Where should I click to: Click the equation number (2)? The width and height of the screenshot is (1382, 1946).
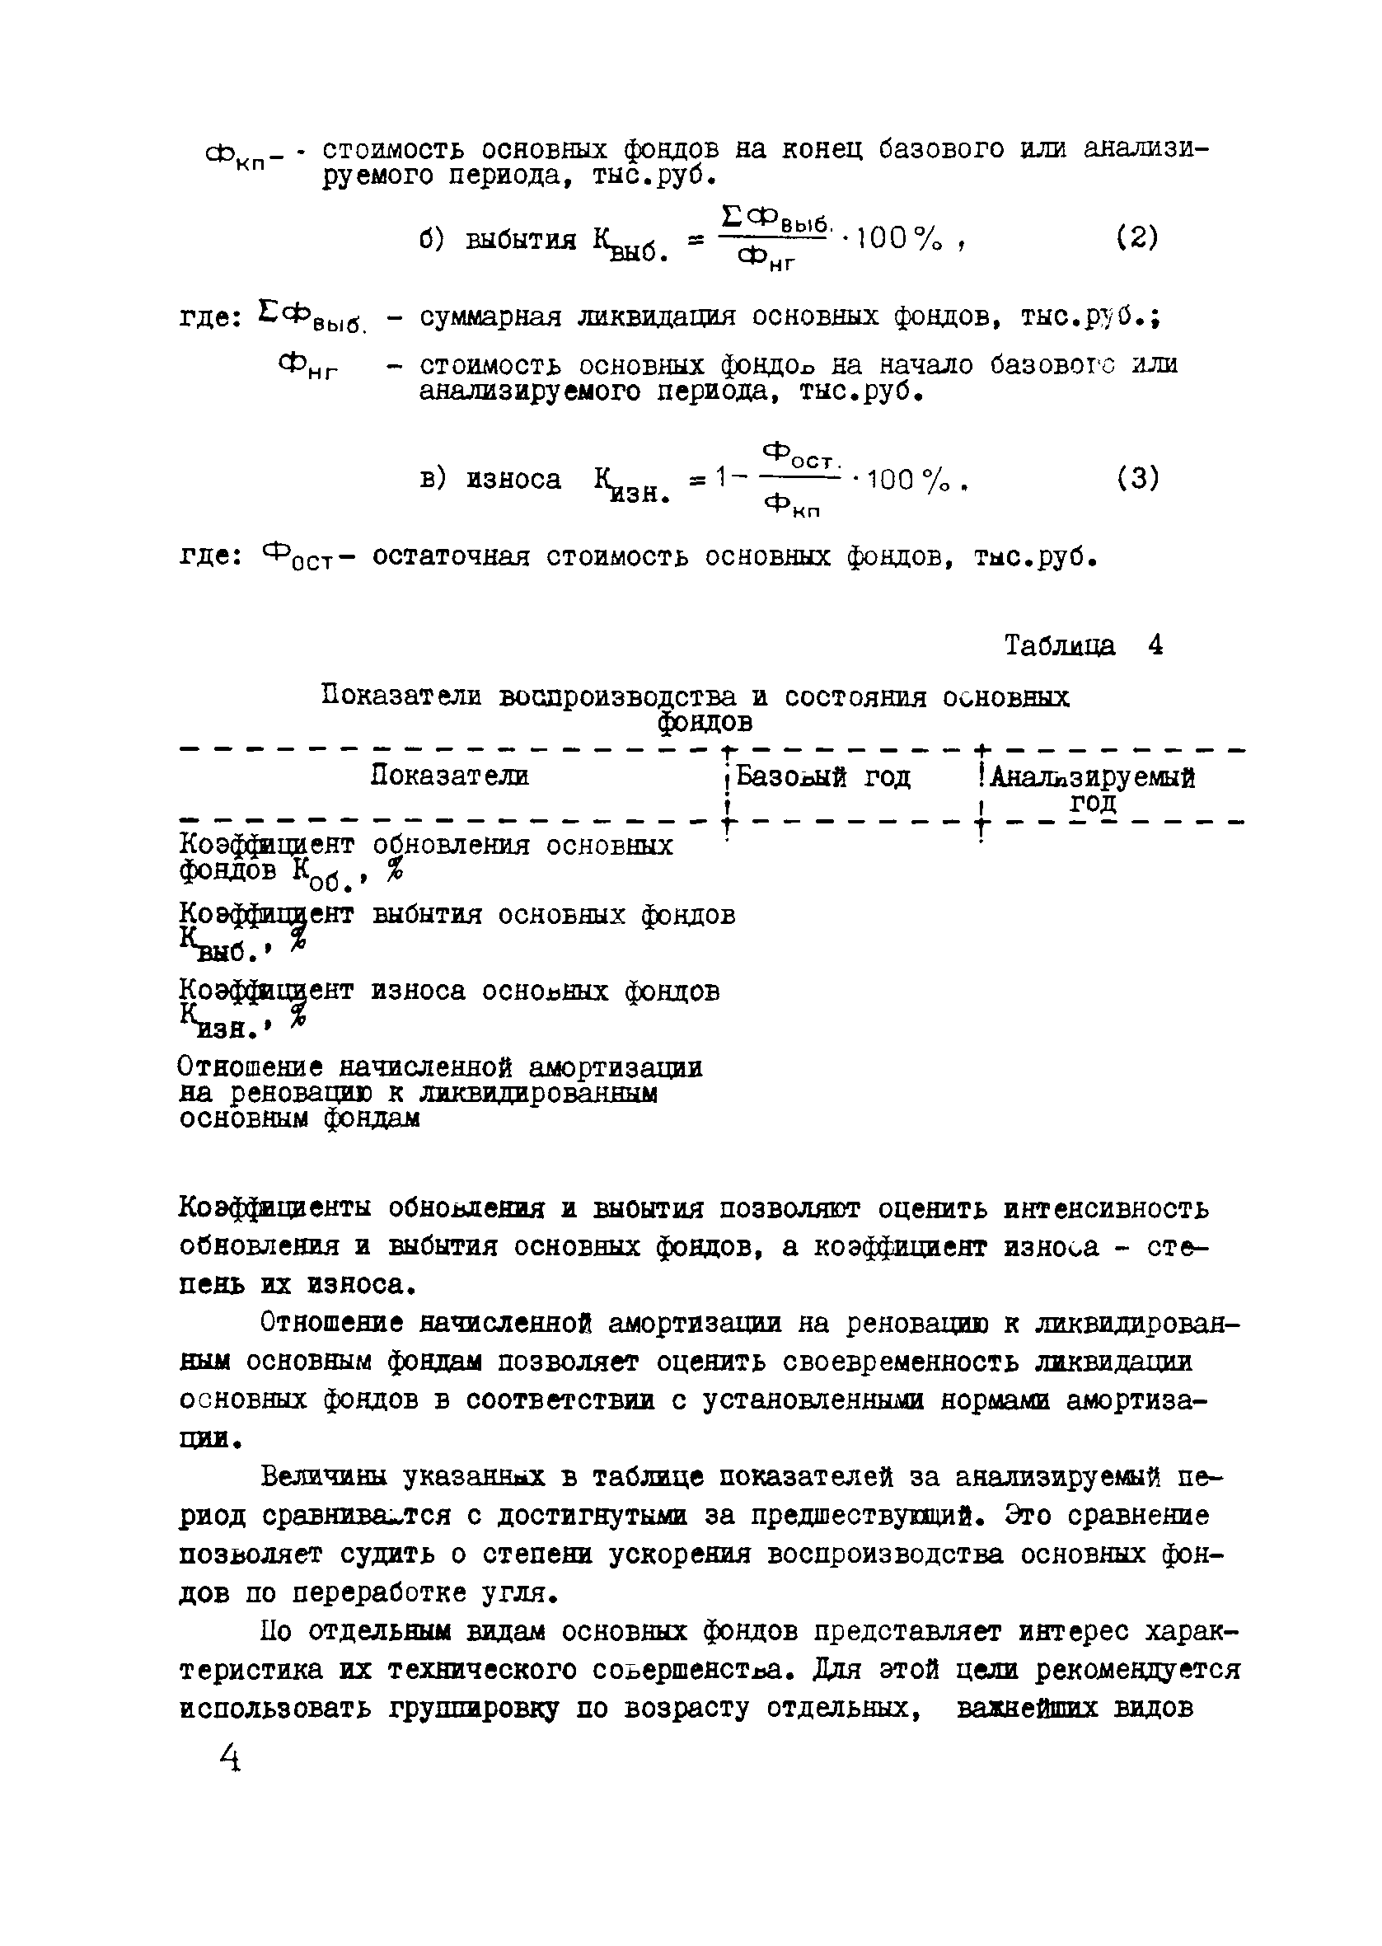click(x=1137, y=237)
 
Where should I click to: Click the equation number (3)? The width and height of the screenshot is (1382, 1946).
click(x=1137, y=478)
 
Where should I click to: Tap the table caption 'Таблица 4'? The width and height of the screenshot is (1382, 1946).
click(x=1083, y=645)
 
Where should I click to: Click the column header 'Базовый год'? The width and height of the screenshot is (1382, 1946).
click(x=823, y=777)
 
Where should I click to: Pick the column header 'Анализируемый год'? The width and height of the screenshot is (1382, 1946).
click(x=1092, y=789)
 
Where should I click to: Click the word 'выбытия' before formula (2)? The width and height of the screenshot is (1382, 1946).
click(x=521, y=240)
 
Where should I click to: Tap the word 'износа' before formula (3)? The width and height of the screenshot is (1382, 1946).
click(x=514, y=480)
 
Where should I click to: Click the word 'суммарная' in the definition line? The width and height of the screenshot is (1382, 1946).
click(x=490, y=317)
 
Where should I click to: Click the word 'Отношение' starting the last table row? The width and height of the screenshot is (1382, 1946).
click(x=251, y=1067)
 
